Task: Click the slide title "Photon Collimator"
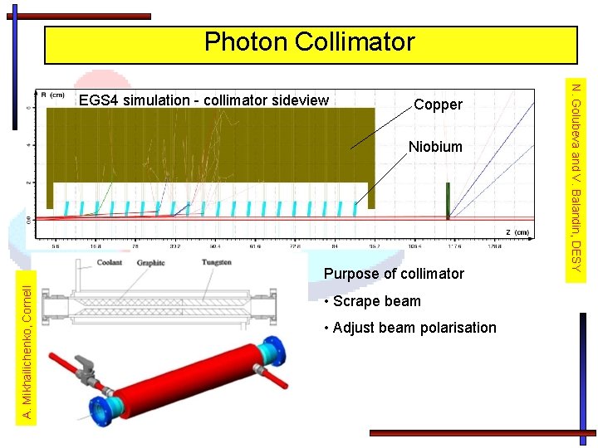[310, 42]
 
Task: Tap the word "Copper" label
[438, 105]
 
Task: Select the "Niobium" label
[435, 147]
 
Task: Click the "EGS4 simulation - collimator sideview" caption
[203, 100]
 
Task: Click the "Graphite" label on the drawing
[151, 263]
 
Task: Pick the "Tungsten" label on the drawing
[216, 263]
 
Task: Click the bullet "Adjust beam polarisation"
[414, 328]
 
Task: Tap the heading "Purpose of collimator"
[394, 274]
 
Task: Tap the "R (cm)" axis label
[53, 95]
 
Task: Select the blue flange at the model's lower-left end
[102, 411]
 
